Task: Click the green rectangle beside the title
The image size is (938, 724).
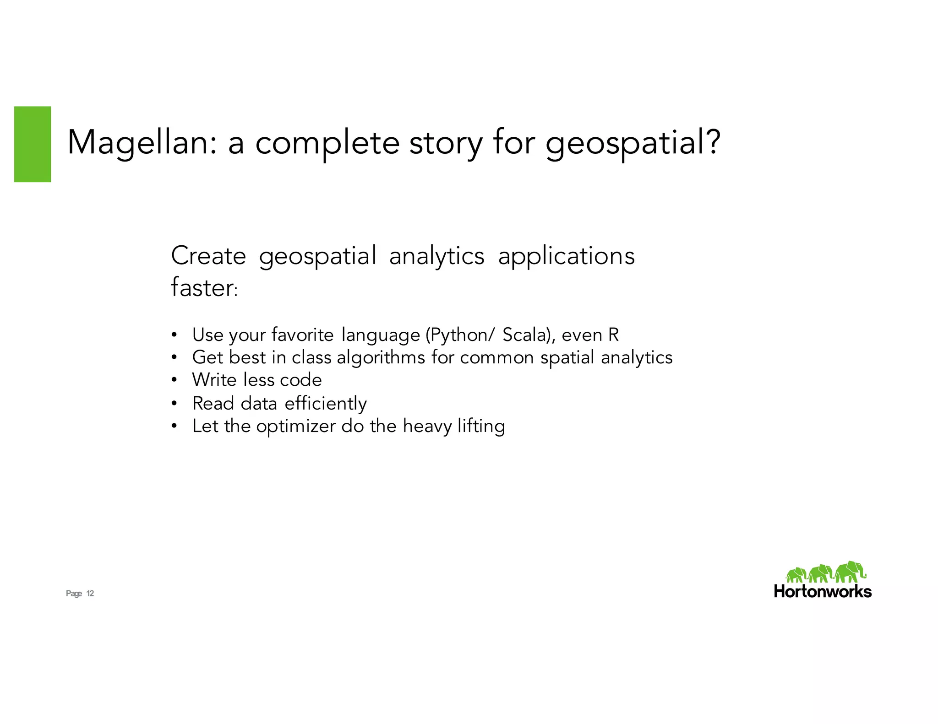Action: click(x=33, y=144)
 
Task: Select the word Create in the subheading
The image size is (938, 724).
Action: click(x=208, y=255)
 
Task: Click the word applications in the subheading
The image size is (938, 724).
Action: click(x=566, y=256)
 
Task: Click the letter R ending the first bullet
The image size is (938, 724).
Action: click(x=614, y=335)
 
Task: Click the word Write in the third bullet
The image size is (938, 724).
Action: click(x=214, y=380)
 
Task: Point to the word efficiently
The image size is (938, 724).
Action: click(x=326, y=404)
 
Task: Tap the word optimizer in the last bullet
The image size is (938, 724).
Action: click(x=296, y=427)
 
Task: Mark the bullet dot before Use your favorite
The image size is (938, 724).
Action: click(x=174, y=335)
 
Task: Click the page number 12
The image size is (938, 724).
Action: click(x=90, y=594)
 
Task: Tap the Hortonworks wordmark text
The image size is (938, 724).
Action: click(x=823, y=591)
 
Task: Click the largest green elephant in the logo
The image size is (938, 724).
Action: click(x=850, y=572)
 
